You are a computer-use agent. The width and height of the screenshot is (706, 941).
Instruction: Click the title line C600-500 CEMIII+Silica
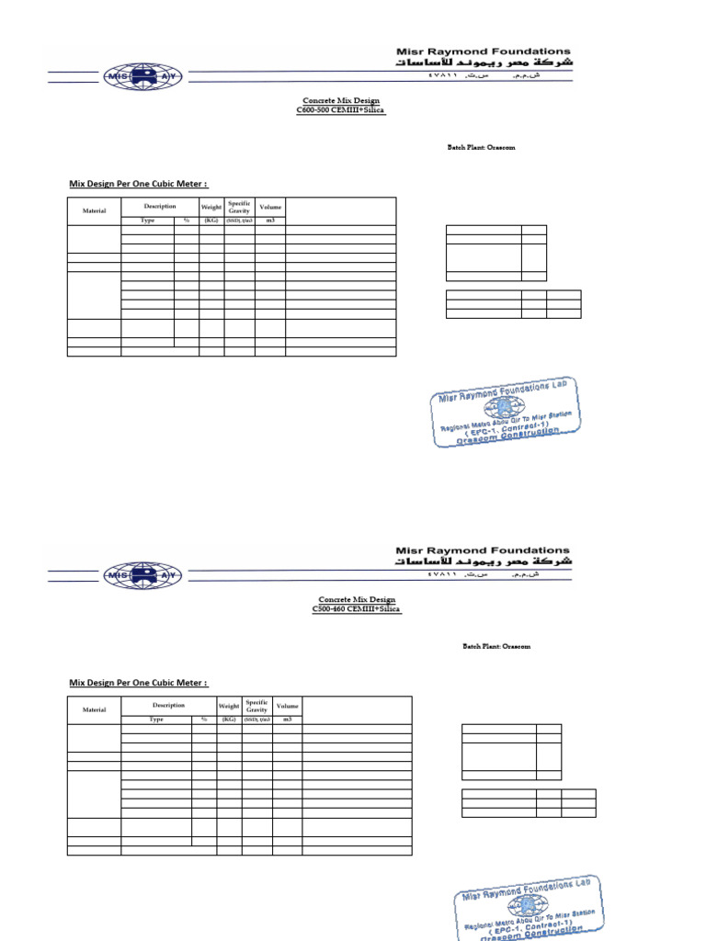click(341, 109)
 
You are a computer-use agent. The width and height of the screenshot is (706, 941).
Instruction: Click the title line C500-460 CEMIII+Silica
click(356, 608)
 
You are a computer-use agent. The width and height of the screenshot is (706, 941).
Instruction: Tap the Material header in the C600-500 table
click(95, 210)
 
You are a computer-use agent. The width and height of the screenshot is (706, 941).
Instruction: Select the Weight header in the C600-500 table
click(211, 207)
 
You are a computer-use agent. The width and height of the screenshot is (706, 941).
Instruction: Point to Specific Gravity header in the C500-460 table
click(256, 706)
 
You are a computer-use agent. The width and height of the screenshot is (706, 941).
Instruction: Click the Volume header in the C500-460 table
click(287, 706)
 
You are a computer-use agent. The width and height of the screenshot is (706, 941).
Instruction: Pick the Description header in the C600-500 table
click(159, 206)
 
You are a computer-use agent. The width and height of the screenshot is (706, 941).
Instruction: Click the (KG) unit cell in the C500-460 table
click(229, 720)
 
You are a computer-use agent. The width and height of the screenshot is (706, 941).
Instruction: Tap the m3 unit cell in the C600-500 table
click(270, 221)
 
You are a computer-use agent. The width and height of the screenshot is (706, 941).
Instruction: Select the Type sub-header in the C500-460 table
click(156, 720)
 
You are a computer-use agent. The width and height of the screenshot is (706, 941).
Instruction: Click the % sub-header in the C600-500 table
click(186, 221)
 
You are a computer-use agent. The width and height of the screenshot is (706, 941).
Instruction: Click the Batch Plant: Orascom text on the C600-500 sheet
click(482, 147)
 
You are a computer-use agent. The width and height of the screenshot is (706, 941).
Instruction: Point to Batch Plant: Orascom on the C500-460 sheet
click(496, 646)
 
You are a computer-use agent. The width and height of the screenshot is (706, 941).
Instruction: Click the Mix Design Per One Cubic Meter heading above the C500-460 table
click(138, 683)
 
